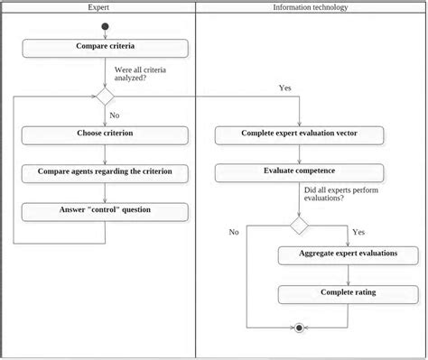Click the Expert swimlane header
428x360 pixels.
point(99,7)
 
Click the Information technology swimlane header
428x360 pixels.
point(311,7)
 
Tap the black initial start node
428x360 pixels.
point(105,25)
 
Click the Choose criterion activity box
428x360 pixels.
point(106,134)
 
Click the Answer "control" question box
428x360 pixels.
point(106,211)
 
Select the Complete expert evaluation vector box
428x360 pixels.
point(299,134)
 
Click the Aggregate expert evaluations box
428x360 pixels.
point(348,254)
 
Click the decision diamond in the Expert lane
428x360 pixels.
point(105,97)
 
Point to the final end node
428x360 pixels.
point(299,328)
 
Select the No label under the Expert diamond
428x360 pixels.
point(115,115)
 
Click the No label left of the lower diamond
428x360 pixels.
point(234,232)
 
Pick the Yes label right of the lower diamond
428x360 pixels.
point(358,232)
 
